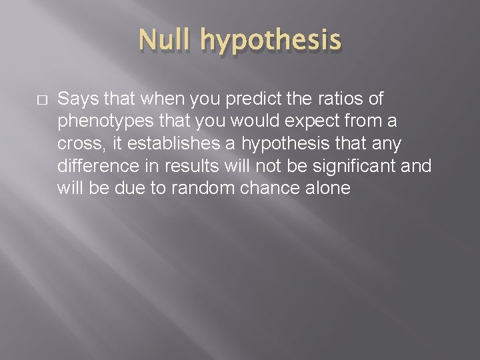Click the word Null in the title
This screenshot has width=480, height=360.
(x=167, y=41)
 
